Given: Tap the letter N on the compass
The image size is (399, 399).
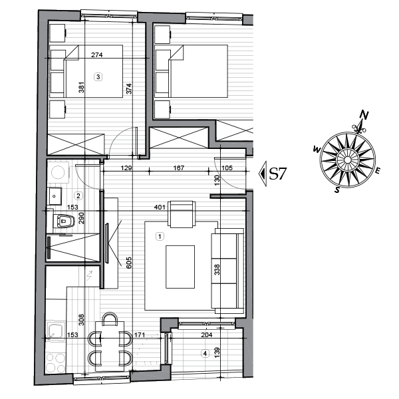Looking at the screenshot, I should (363, 115).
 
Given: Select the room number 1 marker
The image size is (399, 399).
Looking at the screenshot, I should (159, 235).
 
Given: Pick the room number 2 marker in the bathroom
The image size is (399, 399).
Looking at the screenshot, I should (78, 196).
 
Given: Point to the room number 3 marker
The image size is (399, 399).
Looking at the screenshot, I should (98, 76).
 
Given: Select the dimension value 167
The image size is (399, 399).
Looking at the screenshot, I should (178, 169).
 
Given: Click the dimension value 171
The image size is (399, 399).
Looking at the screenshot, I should (140, 336).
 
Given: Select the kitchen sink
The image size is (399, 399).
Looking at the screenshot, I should (55, 332).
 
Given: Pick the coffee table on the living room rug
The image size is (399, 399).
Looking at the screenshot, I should (180, 267).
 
